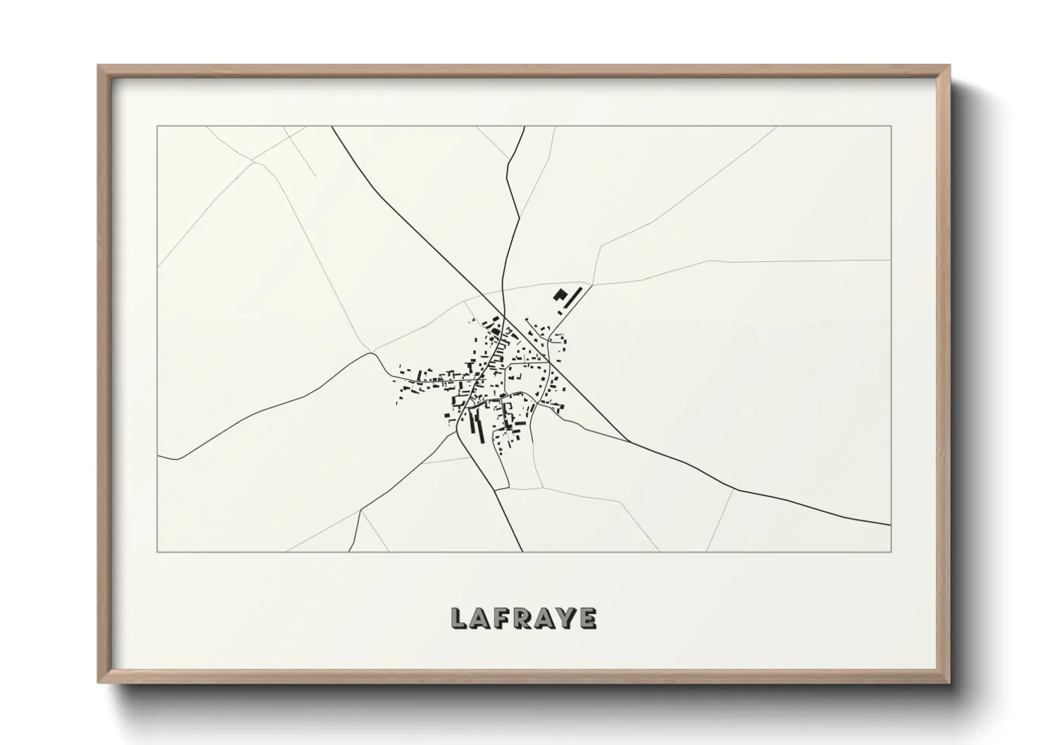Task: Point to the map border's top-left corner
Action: [158, 127]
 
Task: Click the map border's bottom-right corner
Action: [891, 551]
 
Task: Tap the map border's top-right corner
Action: [891, 127]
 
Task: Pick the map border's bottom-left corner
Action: [158, 551]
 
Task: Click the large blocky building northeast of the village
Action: [560, 296]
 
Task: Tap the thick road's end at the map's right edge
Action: [890, 525]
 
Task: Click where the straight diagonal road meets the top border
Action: [332, 127]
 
